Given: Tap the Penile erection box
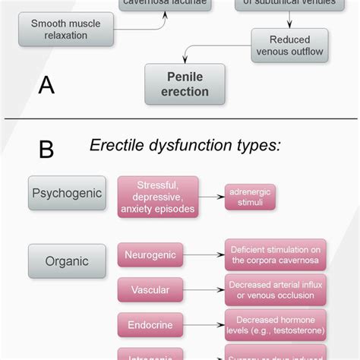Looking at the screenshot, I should point(185,84).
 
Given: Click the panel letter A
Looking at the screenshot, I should point(46,84).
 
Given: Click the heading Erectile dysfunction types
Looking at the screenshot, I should point(185,144).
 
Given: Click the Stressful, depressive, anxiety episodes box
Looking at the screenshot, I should point(157,197).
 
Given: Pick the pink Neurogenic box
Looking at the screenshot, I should point(150,254).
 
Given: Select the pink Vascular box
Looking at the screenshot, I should point(150,289).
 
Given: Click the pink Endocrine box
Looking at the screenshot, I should point(150,324).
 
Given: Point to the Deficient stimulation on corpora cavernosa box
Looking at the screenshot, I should point(275,254).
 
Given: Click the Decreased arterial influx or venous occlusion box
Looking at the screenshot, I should point(275,289).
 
